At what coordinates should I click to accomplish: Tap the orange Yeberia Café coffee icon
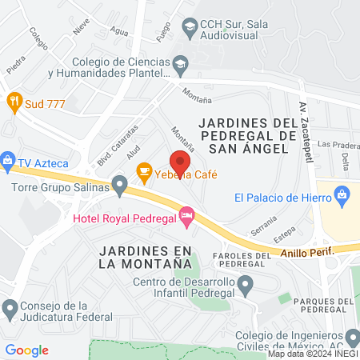[x=144, y=170]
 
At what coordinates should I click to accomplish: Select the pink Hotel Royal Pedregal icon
[x=186, y=214]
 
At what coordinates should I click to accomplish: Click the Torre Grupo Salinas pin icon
[x=120, y=187]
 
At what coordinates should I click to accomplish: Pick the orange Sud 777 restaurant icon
[x=14, y=102]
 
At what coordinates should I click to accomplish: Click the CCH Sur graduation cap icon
[x=190, y=29]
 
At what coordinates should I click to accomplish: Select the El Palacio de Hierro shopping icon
[x=342, y=194]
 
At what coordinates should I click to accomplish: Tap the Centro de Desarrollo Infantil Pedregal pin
[x=246, y=284]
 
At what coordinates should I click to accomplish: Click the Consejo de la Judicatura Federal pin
[x=10, y=307]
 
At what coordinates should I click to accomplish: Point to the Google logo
[x=27, y=350]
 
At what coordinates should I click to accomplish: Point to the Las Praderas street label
[x=334, y=144]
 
